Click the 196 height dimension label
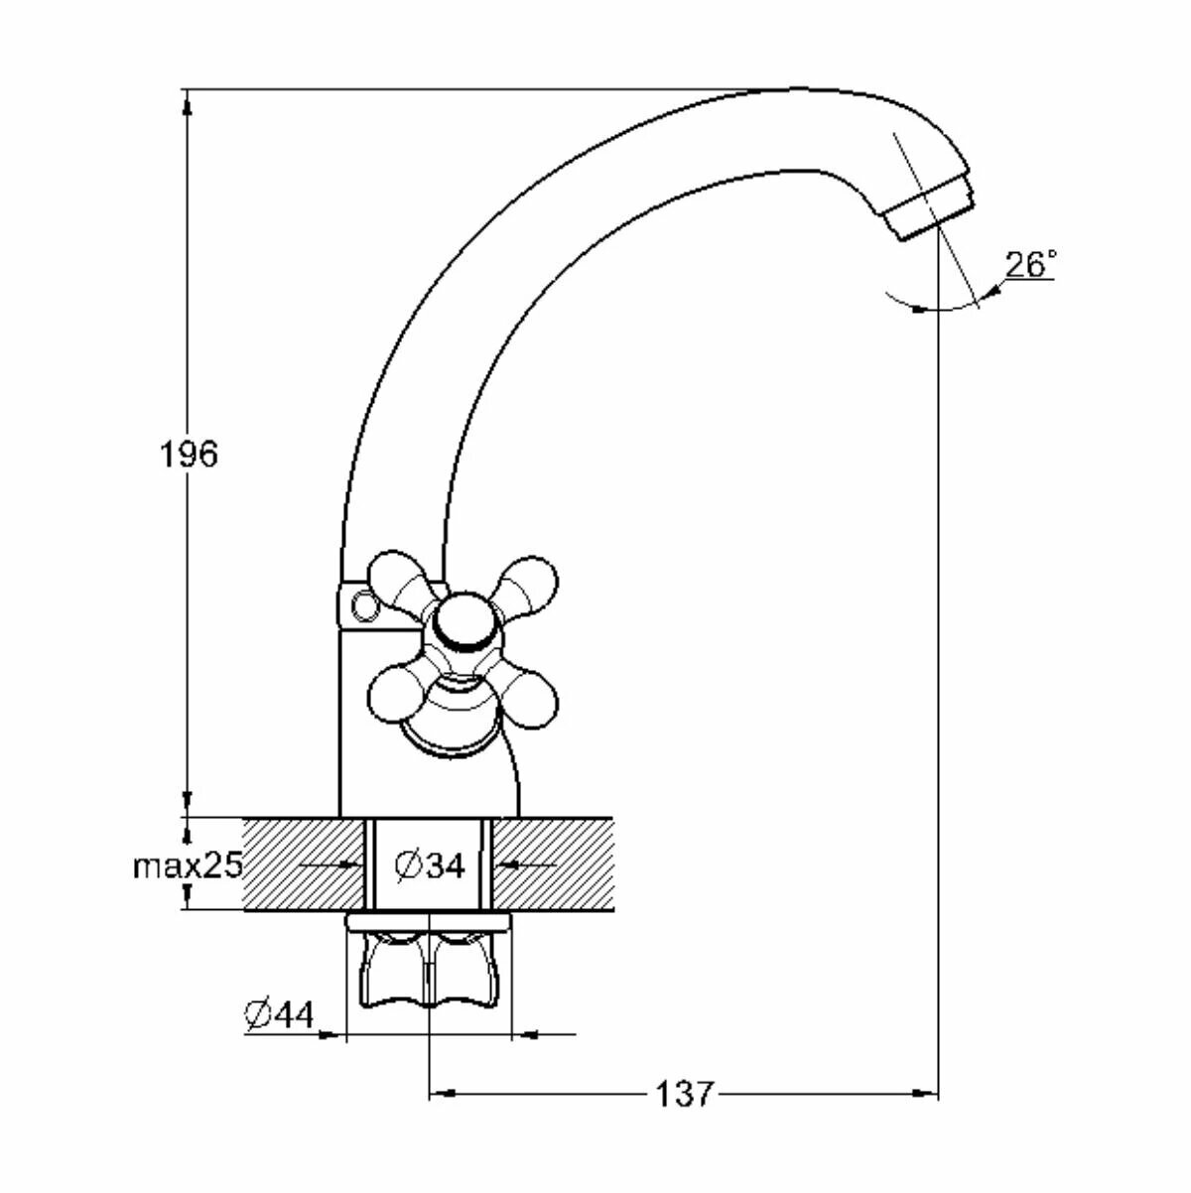(x=189, y=455)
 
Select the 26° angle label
(x=1031, y=265)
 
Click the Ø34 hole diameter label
(x=429, y=866)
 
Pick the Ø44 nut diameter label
(x=278, y=1014)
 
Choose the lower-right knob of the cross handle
(x=527, y=689)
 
